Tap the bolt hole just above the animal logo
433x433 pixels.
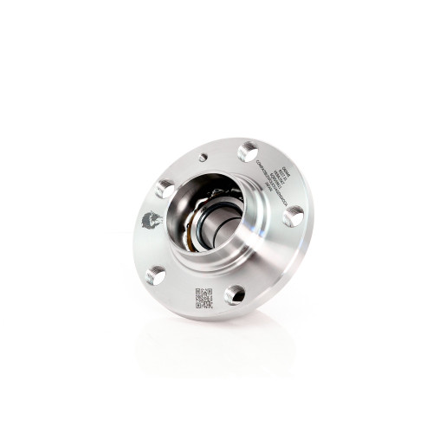(166, 188)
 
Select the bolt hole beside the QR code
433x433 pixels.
(235, 294)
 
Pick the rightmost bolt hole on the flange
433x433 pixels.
(294, 216)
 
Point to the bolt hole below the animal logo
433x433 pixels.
(156, 275)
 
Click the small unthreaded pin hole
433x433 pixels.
(203, 158)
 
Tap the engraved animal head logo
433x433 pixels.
(152, 221)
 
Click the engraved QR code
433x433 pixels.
(204, 297)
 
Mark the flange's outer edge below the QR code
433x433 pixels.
(208, 319)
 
